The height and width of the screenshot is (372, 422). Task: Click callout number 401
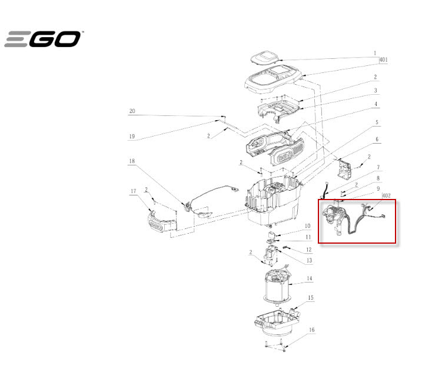(x=384, y=60)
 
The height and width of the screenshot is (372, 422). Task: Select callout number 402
(x=387, y=195)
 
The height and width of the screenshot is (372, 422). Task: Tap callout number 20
(x=132, y=111)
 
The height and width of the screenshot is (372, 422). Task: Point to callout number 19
(x=132, y=137)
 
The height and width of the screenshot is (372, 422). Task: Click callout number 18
(x=132, y=161)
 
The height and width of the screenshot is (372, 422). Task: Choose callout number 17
(x=134, y=191)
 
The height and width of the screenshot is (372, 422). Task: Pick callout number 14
(x=310, y=278)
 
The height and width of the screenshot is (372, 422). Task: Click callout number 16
(x=312, y=330)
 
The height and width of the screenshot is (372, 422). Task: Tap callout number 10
(x=308, y=226)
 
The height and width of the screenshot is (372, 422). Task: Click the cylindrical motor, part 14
(x=277, y=286)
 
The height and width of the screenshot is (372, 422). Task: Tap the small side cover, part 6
(x=345, y=169)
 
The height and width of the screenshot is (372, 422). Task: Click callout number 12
(x=308, y=250)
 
